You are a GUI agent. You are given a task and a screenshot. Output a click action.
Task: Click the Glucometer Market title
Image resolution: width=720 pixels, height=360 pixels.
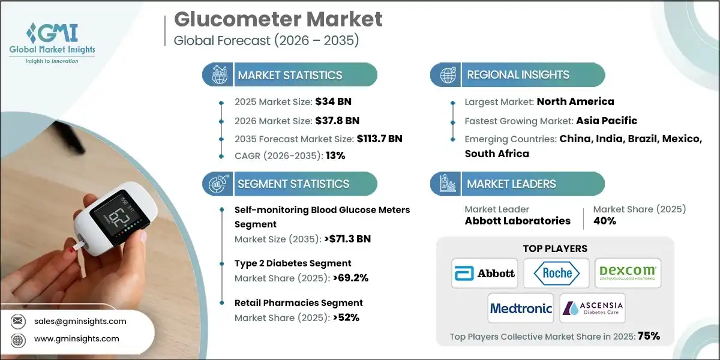(278, 19)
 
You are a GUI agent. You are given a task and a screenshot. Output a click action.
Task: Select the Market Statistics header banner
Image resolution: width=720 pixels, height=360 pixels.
(290, 75)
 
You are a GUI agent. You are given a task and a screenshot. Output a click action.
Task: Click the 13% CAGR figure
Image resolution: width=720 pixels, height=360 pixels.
(335, 155)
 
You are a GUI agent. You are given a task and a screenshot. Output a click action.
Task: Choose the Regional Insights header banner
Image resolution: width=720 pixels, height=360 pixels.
(518, 75)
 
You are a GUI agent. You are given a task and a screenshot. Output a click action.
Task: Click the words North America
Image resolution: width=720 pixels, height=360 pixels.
(575, 101)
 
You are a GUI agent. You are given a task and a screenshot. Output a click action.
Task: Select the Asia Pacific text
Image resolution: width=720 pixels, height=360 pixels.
(607, 121)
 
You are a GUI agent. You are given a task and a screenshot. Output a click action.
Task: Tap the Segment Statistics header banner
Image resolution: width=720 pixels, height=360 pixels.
(293, 184)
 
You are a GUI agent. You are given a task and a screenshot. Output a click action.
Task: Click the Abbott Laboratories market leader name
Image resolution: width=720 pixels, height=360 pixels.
(517, 221)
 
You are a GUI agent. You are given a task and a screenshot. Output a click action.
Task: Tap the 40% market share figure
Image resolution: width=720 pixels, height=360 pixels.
(604, 221)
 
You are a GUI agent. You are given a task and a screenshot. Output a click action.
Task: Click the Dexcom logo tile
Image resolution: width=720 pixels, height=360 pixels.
(628, 274)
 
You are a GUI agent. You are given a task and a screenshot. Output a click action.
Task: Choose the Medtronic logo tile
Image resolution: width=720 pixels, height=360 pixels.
(521, 308)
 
